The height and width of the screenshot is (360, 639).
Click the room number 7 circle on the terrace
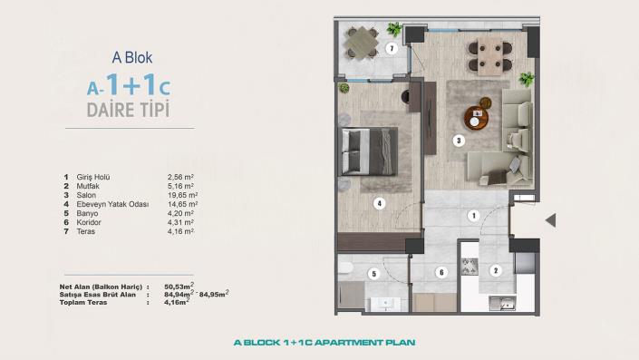click(x=392, y=48)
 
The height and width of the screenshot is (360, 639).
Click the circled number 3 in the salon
click(x=460, y=141)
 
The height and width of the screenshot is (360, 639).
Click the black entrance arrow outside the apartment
click(x=549, y=220)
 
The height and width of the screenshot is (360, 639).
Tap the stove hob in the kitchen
click(x=470, y=267)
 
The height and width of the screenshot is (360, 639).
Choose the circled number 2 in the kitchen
click(x=495, y=270)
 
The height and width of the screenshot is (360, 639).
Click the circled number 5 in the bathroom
click(x=373, y=272)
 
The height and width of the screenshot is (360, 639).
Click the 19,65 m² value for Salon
click(x=183, y=194)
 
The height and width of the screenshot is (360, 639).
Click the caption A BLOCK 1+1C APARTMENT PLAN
click(x=318, y=343)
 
